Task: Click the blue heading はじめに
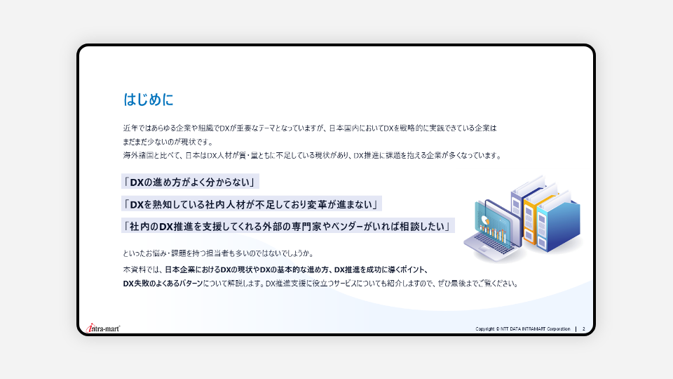coord(148,100)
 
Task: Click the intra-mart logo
coord(103,328)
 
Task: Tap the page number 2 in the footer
coord(584,328)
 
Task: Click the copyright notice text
coord(523,328)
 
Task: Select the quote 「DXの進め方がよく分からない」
coord(190,182)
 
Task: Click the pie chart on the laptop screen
coord(485,220)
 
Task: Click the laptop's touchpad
coord(482,250)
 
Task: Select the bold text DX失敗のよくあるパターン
coord(163,284)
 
